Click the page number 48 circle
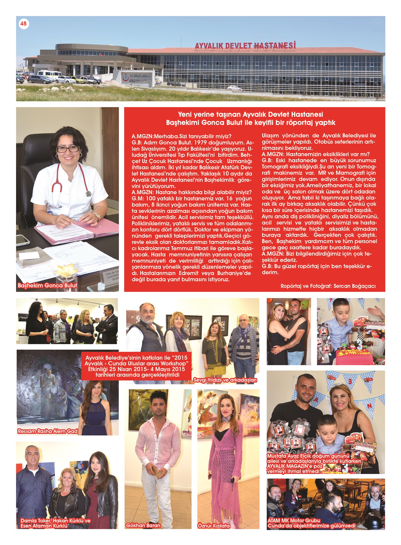pos(23,24)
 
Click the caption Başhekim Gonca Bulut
pos(47,285)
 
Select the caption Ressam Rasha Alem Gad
pos(47,431)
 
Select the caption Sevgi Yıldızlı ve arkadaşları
pos(225,380)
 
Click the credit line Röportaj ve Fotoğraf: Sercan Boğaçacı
pos(328,286)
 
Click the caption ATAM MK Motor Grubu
pos(294,520)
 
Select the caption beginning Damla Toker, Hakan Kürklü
pos(55,523)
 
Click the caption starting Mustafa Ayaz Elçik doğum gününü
pos(314,463)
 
